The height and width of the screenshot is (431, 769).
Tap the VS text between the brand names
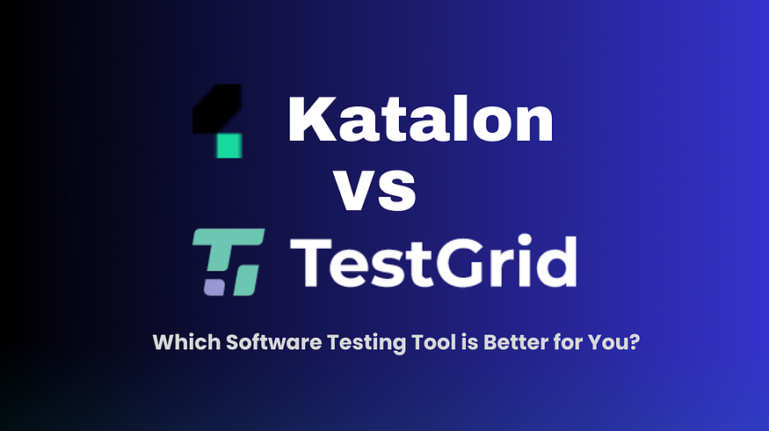pos(375,191)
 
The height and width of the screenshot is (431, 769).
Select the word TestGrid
pos(433,260)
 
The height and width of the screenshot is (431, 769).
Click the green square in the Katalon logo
pos(229,145)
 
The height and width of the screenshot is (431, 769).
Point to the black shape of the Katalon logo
pos(217,109)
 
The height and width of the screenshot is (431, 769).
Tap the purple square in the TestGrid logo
pos(214,288)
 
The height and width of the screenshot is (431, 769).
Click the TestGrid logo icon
pos(229,262)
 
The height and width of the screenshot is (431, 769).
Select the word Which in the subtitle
pos(186,341)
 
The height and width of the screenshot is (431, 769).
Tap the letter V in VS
pos(355,192)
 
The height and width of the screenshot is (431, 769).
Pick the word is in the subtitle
pos(470,341)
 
